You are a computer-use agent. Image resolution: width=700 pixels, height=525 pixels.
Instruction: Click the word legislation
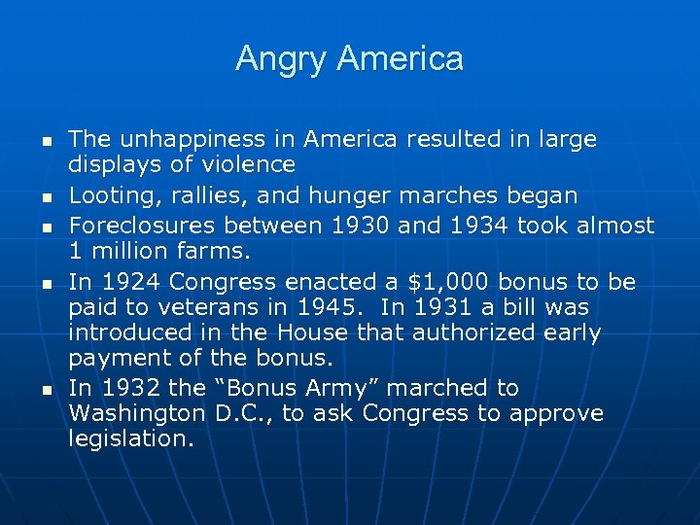[131, 437]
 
